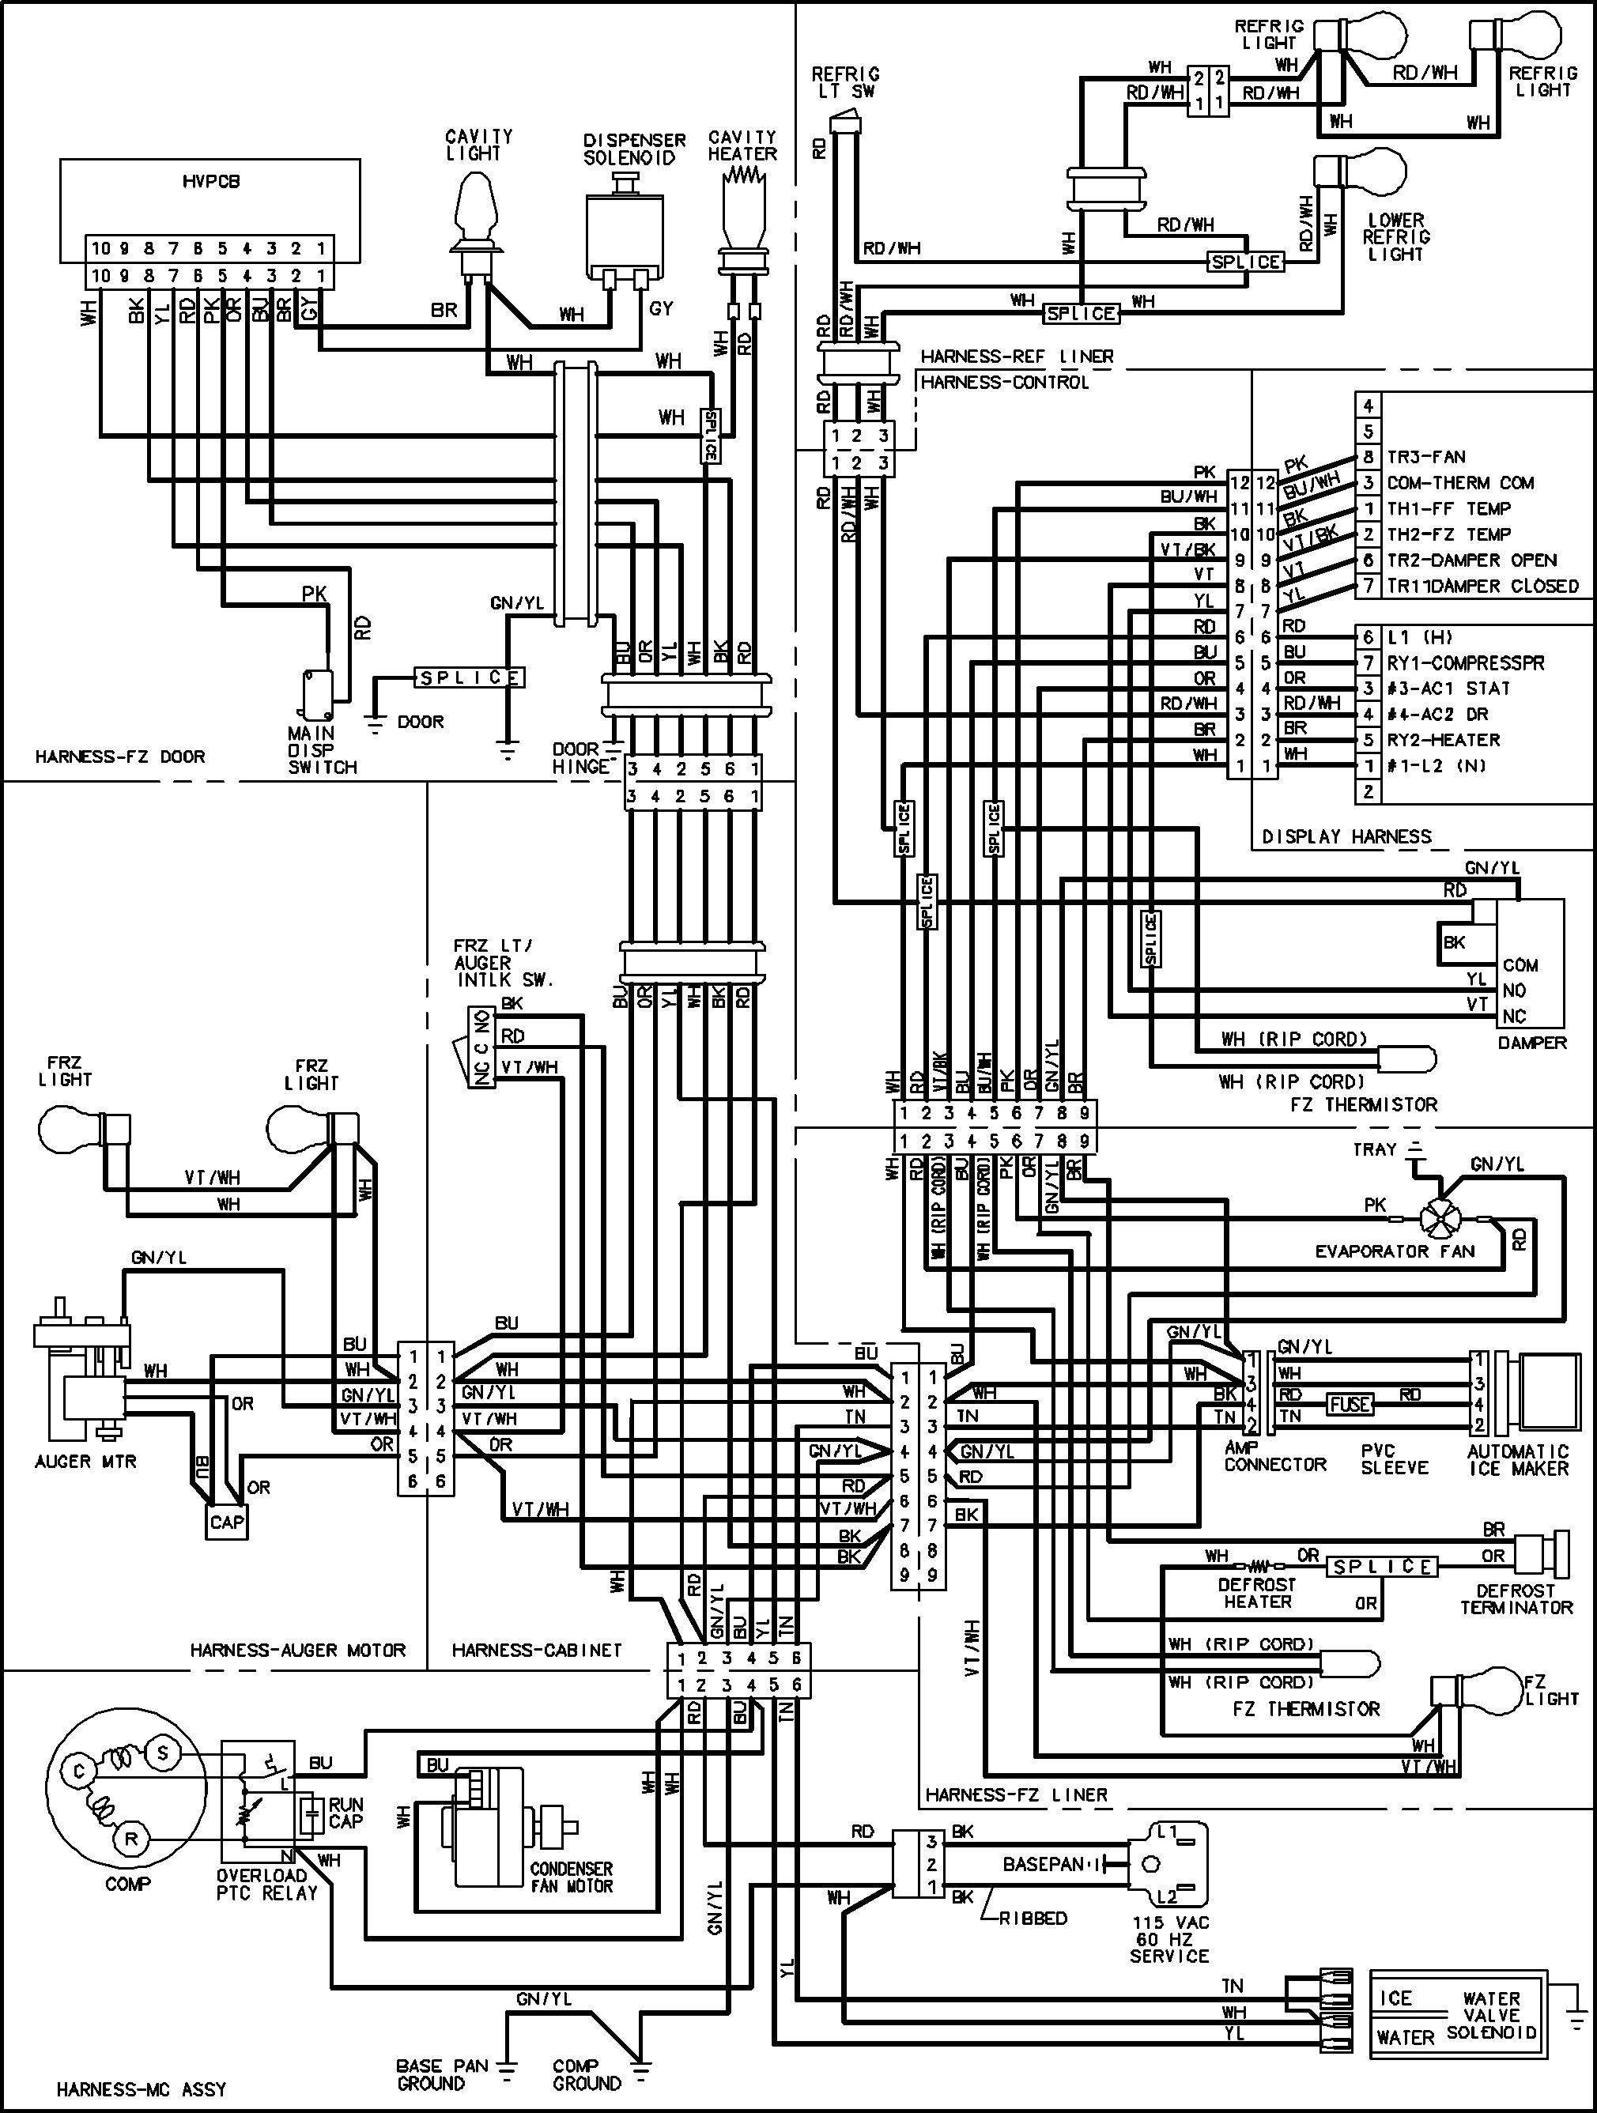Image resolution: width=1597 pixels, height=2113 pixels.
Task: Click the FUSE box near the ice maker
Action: [1349, 1404]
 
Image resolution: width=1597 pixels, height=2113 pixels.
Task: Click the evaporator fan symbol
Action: [1440, 1220]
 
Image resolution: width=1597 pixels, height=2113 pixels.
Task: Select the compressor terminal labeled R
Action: [131, 1838]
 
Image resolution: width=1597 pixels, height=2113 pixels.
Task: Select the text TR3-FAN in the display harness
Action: [1426, 457]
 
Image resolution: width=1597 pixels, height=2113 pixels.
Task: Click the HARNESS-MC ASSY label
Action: [141, 2089]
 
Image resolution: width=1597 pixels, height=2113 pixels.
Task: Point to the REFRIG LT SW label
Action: [845, 82]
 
